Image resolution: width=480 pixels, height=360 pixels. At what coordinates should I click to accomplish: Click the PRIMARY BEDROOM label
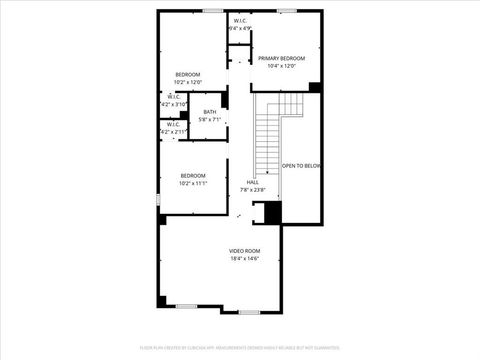coord(281,58)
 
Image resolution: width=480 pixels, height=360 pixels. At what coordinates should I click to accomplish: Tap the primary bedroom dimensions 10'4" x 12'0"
coord(281,66)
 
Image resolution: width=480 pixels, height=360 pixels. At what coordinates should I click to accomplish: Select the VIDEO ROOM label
coord(244,250)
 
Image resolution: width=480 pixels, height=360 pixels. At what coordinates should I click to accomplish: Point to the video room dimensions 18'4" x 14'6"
coord(244,258)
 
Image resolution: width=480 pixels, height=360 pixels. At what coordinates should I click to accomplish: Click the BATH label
coord(210,112)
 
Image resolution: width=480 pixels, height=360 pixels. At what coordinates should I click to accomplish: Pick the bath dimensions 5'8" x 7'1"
coord(210,120)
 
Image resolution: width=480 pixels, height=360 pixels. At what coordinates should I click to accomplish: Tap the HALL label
coord(252,181)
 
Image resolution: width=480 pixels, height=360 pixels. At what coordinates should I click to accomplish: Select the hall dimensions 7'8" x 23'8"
coord(252,189)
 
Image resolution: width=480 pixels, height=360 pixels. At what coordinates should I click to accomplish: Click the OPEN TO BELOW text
coord(301,166)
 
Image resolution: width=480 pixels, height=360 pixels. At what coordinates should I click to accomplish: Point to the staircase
coord(268,140)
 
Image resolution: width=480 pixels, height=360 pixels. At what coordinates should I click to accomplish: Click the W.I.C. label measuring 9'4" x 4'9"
coord(241,21)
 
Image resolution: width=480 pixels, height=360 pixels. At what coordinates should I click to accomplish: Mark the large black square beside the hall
coord(272,213)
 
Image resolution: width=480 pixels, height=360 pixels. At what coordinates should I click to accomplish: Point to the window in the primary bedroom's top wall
coord(290,10)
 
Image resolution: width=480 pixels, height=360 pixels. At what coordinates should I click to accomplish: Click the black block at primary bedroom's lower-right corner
coord(316,87)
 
